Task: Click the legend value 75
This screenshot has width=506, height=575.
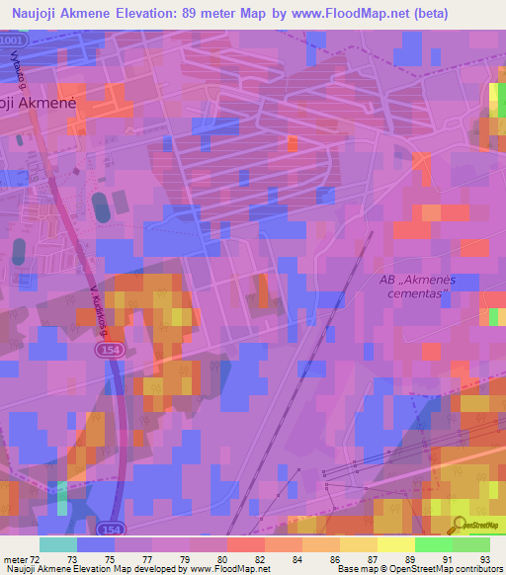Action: tap(110, 559)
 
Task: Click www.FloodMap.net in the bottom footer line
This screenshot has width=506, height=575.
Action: tap(228, 569)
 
